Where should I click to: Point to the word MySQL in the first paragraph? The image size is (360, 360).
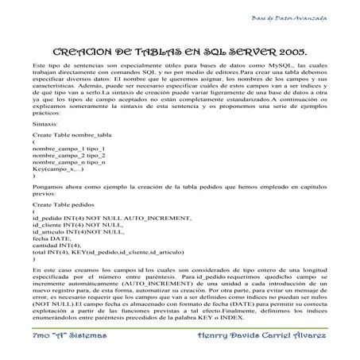coord(264,62)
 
